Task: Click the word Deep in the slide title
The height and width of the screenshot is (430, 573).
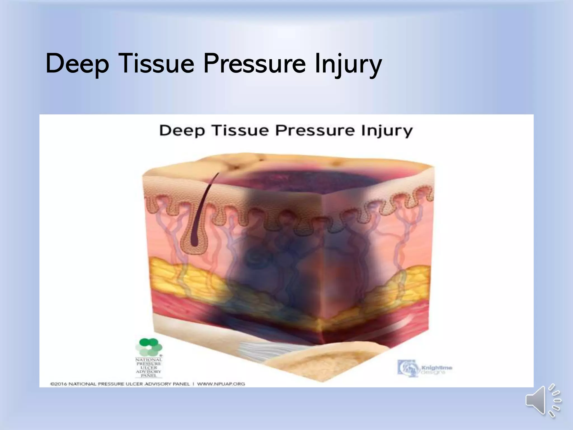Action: pyautogui.click(x=77, y=64)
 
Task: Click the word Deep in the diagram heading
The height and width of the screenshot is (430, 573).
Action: pyautogui.click(x=182, y=131)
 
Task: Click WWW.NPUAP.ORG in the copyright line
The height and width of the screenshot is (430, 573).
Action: pyautogui.click(x=221, y=384)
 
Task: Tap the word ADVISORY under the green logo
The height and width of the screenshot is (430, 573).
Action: pyautogui.click(x=149, y=371)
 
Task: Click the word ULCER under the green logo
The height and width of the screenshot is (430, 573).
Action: pyautogui.click(x=149, y=368)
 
